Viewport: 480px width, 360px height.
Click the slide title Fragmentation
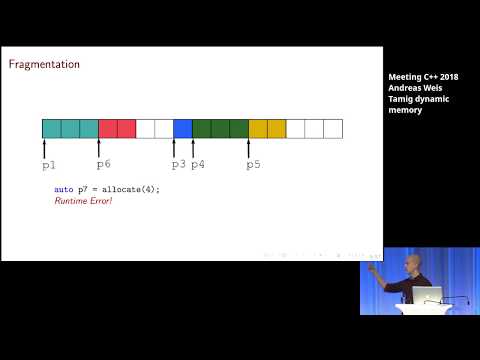click(x=44, y=65)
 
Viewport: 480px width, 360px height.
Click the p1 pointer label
click(x=49, y=163)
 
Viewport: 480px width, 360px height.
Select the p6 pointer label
click(x=103, y=163)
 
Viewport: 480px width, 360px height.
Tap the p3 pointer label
click(x=178, y=163)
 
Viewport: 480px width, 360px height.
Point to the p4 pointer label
click(x=198, y=163)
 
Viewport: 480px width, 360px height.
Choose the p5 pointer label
click(x=253, y=163)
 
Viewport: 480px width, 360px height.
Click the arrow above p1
click(x=45, y=147)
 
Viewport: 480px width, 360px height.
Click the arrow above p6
click(x=99, y=147)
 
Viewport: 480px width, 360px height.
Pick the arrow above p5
click(x=249, y=147)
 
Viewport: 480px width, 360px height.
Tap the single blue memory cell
click(x=182, y=128)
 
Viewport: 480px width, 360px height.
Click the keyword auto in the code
click(x=63, y=189)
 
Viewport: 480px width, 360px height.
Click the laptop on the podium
click(x=427, y=295)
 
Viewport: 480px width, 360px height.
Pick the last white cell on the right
click(x=333, y=128)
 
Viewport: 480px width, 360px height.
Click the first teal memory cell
click(x=51, y=128)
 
